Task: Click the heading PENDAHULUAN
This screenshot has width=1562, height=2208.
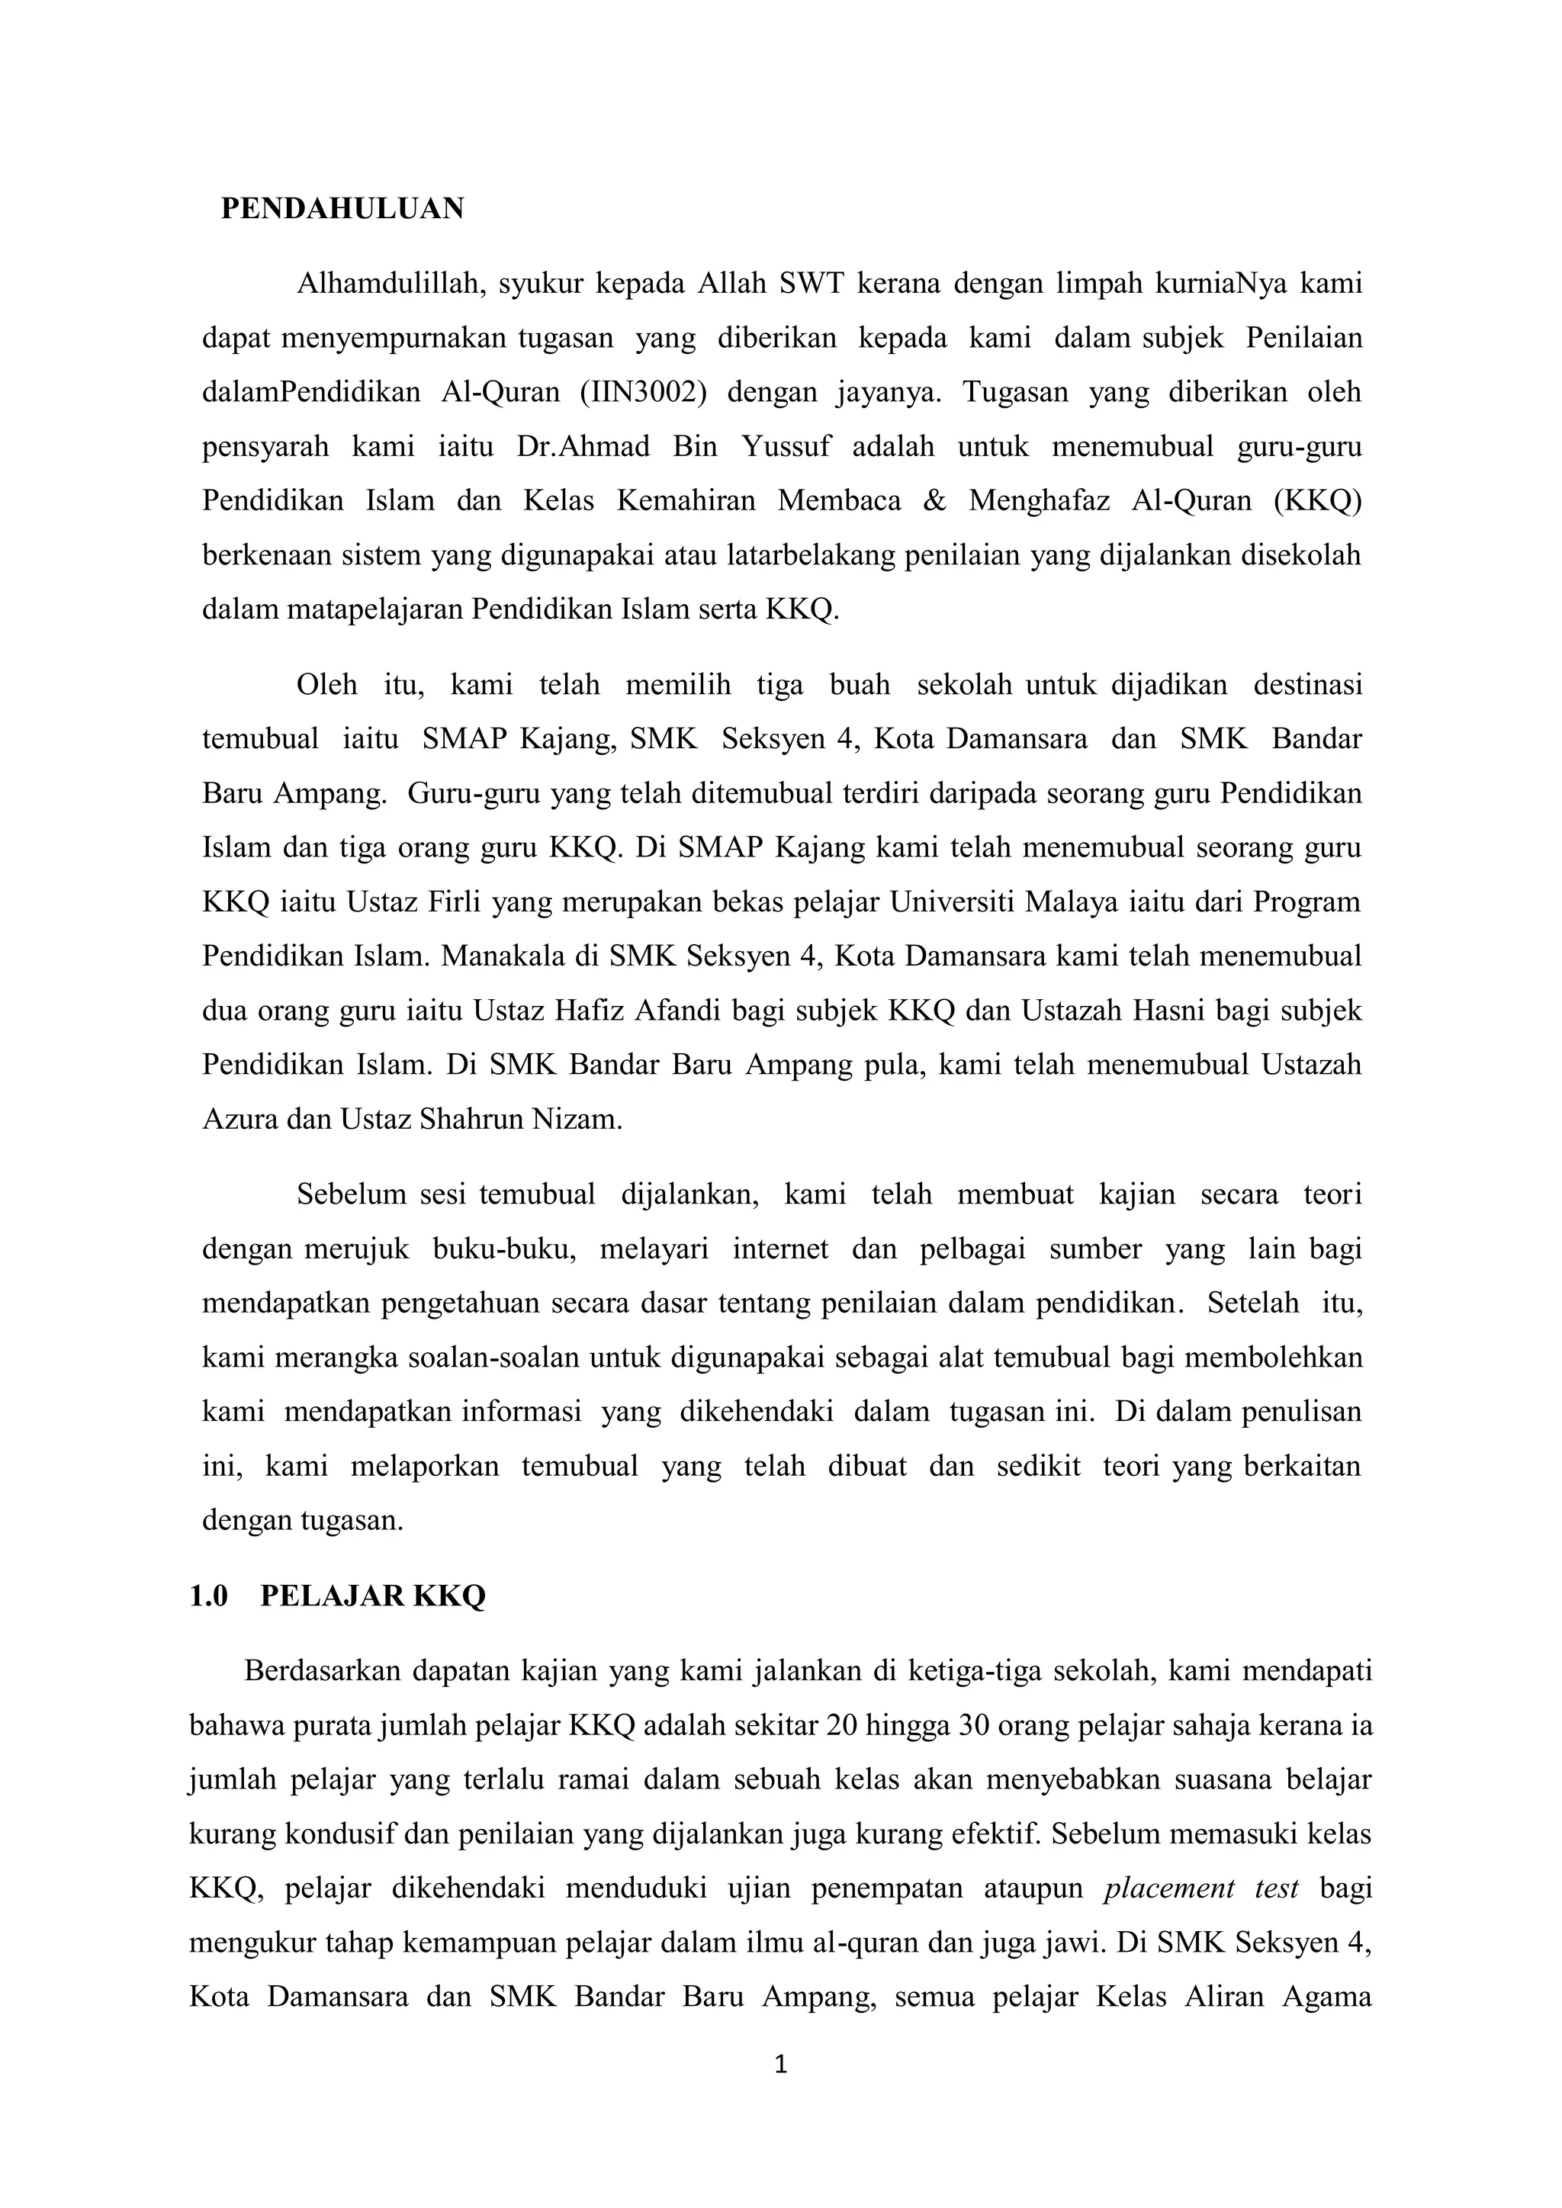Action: click(342, 209)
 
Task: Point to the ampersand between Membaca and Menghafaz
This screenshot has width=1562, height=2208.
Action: click(934, 501)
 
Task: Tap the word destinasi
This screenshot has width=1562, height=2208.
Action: click(1307, 685)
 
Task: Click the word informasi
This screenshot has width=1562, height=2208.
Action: click(522, 1412)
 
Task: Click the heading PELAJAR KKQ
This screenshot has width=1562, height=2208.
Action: click(372, 1596)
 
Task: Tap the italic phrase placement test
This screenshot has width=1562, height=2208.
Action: click(1201, 1888)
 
